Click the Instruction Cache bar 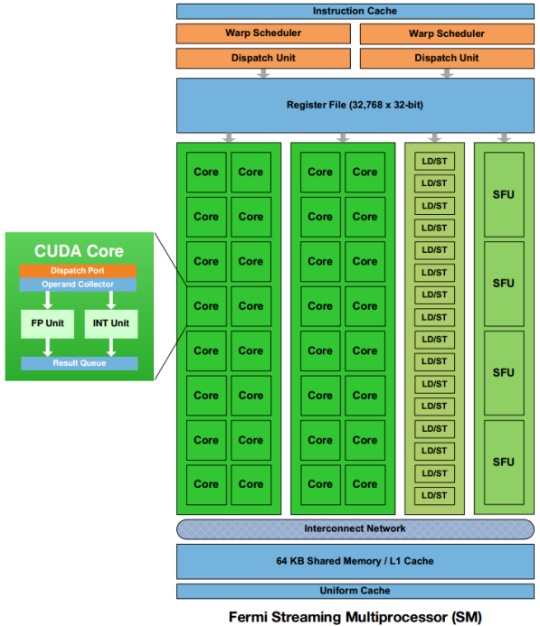(x=354, y=11)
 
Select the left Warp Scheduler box (x=262, y=33)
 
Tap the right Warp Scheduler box (x=446, y=33)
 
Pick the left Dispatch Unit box (x=262, y=57)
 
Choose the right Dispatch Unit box (x=446, y=57)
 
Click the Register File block (x=354, y=105)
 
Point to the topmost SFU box (x=503, y=194)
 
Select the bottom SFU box (x=503, y=462)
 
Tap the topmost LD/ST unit (x=434, y=160)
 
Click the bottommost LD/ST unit (x=434, y=495)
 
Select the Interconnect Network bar (x=354, y=528)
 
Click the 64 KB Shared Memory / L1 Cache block (x=354, y=561)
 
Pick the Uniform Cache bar (x=354, y=591)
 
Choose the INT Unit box (x=108, y=323)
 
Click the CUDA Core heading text (x=79, y=250)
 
